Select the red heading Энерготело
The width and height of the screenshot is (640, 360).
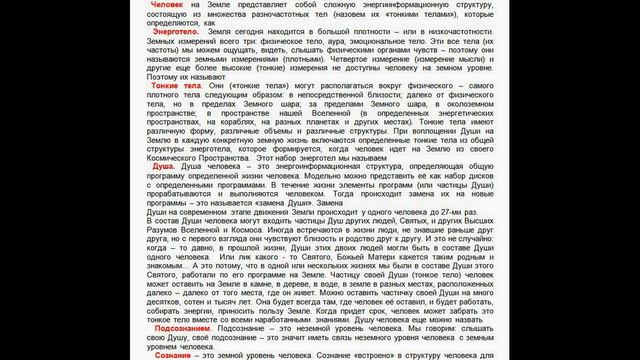click(164, 32)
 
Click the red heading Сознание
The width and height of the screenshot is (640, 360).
click(161, 353)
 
